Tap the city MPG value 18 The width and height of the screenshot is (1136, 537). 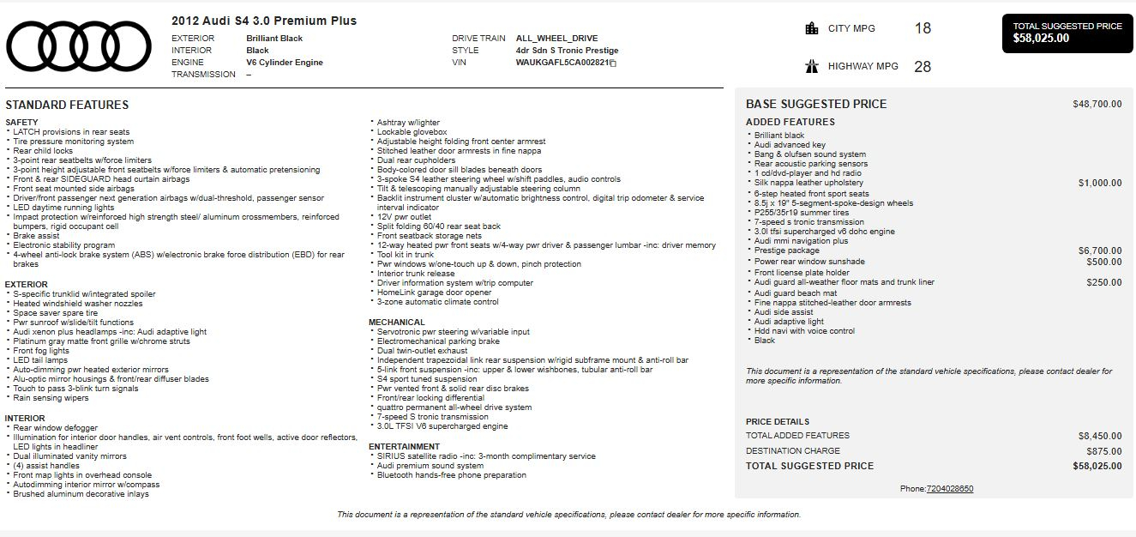coord(923,28)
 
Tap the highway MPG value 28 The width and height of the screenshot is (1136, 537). coord(923,66)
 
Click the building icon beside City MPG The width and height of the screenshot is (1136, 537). coord(812,28)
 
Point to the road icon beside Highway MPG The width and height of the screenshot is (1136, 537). coord(812,66)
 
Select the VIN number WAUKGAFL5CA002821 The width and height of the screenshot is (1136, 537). coord(562,63)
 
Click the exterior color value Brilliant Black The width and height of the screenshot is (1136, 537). coord(274,39)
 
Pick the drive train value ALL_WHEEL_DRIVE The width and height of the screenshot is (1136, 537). coord(556,39)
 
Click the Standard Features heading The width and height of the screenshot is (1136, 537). coord(67,105)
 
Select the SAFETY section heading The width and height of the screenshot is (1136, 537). coord(21,123)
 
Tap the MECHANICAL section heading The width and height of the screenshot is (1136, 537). coord(397,323)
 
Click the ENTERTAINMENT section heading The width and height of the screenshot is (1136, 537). coord(405,447)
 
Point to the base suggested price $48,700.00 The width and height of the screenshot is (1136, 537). coord(1097,105)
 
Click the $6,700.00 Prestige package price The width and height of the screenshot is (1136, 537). coord(1099,251)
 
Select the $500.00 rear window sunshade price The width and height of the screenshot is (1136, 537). coord(1103,262)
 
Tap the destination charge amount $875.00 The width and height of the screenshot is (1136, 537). coord(1103,450)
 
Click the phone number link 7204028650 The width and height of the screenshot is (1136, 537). coord(950,489)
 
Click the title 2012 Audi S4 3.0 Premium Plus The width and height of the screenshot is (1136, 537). coord(264,21)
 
